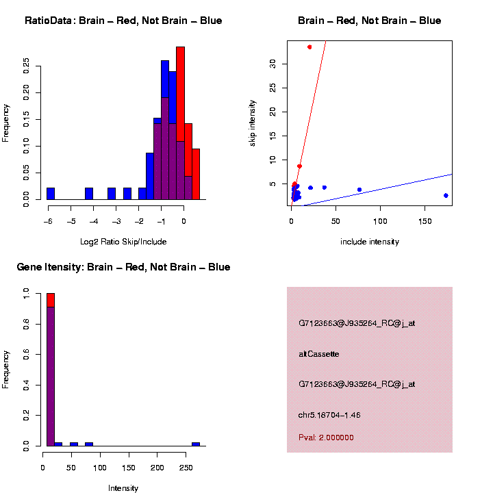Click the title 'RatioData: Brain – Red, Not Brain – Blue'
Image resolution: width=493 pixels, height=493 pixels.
pos(123,21)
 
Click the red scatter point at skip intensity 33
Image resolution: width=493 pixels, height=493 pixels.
pos(309,47)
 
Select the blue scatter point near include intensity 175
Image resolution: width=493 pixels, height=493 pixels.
pos(446,195)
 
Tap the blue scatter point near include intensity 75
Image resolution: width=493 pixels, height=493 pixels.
pos(359,190)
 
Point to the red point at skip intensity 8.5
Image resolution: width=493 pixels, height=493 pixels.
pos(300,166)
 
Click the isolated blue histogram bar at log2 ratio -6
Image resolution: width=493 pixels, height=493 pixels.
pos(51,193)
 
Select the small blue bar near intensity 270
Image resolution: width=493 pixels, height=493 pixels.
pos(196,444)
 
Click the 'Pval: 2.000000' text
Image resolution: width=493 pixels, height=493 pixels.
pos(326,438)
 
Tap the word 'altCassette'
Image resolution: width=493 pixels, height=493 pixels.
pos(319,354)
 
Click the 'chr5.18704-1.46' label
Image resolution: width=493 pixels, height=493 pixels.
pos(329,415)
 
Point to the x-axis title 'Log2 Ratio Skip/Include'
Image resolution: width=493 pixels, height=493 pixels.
pos(123,242)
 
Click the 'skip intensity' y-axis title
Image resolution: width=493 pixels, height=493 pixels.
pos(253,123)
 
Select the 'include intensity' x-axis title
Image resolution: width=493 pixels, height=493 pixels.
pos(370,242)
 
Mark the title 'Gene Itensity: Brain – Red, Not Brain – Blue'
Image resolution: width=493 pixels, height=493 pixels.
pos(123,267)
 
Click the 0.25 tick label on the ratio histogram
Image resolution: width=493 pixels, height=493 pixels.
pos(26,66)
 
